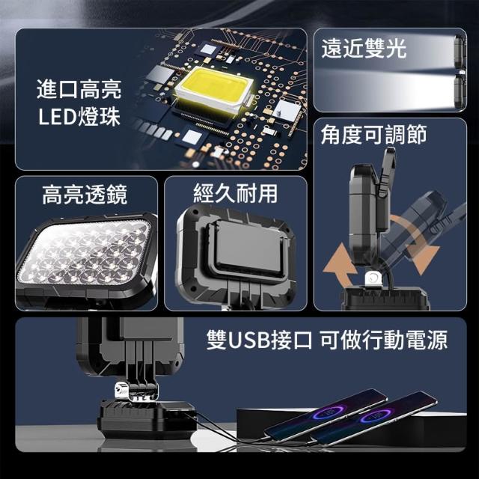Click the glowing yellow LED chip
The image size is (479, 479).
(214, 87)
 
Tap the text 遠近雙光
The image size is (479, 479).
(364, 48)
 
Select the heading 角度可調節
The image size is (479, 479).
(373, 135)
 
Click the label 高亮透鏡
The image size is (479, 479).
(85, 195)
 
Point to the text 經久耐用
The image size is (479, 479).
(236, 193)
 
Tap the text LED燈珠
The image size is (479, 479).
(79, 117)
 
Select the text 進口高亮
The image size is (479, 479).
(79, 89)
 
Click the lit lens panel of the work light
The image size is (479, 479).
(84, 252)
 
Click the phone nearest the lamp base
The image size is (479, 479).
(326, 415)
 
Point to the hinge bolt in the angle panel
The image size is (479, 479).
(372, 278)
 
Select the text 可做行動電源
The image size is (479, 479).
(384, 340)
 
